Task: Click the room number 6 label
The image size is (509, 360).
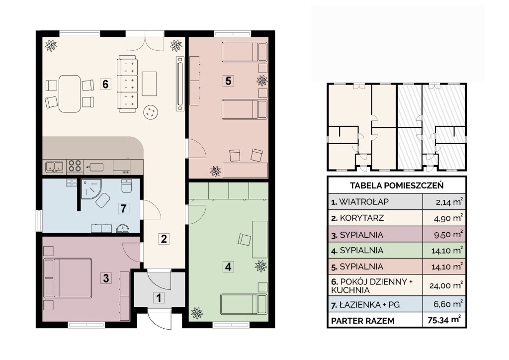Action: click(105, 85)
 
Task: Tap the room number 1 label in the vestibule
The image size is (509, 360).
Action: click(159, 298)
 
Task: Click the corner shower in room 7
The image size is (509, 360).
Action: click(91, 189)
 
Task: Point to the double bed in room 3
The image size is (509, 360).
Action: click(68, 278)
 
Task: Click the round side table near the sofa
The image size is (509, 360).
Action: click(151, 112)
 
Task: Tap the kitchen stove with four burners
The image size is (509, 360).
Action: click(75, 167)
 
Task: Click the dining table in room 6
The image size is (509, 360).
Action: click(70, 94)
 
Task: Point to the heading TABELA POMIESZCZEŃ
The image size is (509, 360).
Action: click(397, 185)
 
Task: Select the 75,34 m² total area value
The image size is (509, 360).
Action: click(444, 320)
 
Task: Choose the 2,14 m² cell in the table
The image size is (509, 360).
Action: click(449, 202)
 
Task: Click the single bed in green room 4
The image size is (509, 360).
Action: click(244, 304)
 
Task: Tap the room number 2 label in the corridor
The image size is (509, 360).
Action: click(164, 239)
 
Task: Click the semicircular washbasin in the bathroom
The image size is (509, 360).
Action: click(123, 229)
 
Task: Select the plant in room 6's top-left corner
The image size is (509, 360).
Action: click(51, 45)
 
